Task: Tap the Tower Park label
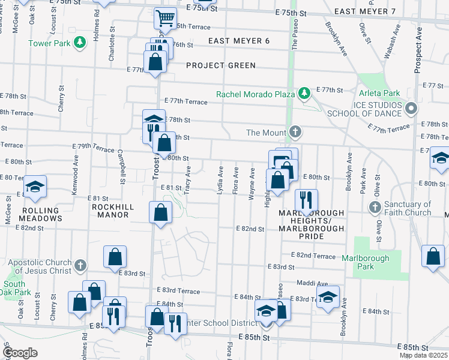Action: pos(49,43)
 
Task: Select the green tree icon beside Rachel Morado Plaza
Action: pos(304,93)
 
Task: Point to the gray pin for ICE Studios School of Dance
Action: pos(411,109)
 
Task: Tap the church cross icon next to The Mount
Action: pos(294,132)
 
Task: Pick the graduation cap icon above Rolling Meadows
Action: pos(35,187)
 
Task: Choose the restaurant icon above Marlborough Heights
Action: pos(306,200)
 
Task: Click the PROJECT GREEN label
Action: pos(221,65)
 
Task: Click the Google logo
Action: pos(20,353)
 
